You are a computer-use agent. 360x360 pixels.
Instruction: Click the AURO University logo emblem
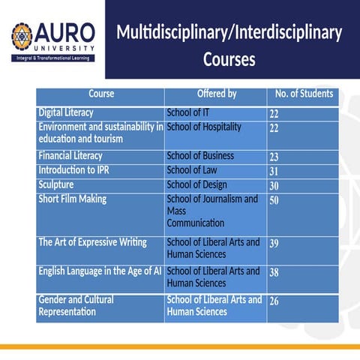pyautogui.click(x=22, y=35)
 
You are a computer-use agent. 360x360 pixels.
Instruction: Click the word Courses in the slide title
pyautogui.click(x=229, y=59)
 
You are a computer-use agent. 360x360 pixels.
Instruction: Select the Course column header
pyautogui.click(x=101, y=94)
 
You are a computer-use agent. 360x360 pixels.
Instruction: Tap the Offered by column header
pyautogui.click(x=216, y=94)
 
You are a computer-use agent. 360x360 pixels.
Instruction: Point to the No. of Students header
pyautogui.click(x=304, y=94)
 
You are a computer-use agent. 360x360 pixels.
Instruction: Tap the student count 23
pyautogui.click(x=274, y=157)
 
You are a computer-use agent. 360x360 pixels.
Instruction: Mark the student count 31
pyautogui.click(x=274, y=172)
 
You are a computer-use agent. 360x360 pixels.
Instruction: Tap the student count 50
pyautogui.click(x=274, y=200)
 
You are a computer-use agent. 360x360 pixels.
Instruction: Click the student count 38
pyautogui.click(x=274, y=273)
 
